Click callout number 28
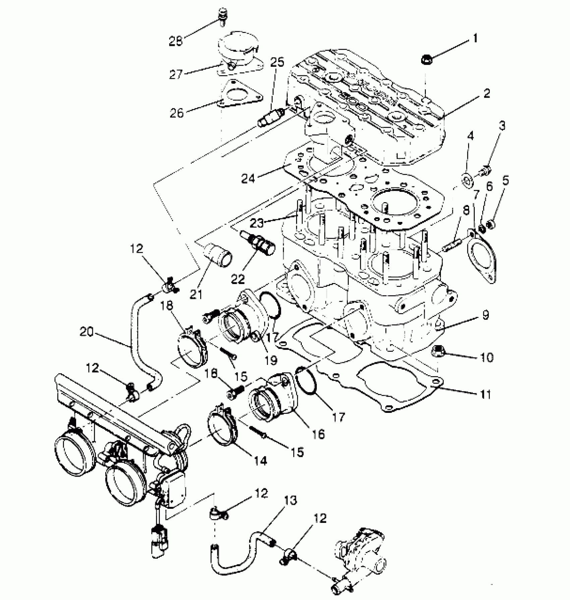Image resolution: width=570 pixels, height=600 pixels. click(x=176, y=41)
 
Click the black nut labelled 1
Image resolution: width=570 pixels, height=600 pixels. click(x=426, y=60)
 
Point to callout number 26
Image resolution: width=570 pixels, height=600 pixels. click(x=177, y=113)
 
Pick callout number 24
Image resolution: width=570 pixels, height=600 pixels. click(x=248, y=178)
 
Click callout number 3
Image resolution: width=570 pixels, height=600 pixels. click(x=502, y=126)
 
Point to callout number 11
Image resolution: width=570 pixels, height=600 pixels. click(x=485, y=394)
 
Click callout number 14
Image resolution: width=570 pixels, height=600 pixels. click(x=261, y=461)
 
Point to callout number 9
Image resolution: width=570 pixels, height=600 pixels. click(x=486, y=315)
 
